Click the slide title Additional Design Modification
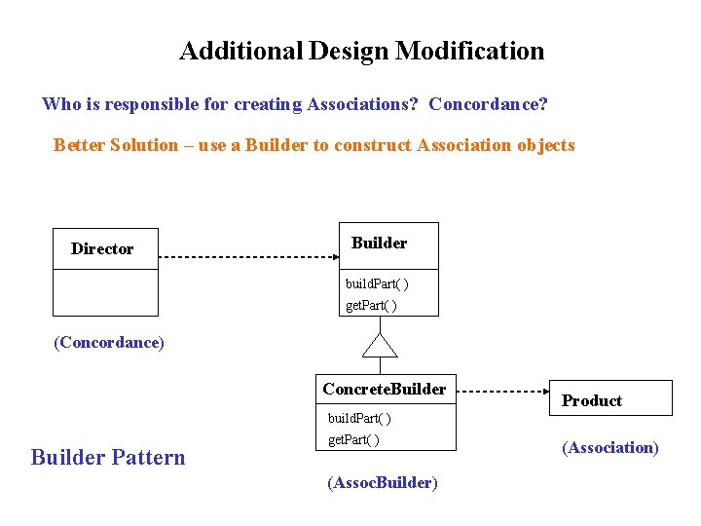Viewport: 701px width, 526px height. pyautogui.click(x=361, y=51)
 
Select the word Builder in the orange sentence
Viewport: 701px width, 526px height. pyautogui.click(x=276, y=145)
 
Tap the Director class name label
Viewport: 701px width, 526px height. pyautogui.click(x=102, y=248)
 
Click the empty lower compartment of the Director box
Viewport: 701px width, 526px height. pyautogui.click(x=105, y=293)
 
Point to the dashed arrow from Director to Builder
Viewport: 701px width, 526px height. pyautogui.click(x=248, y=257)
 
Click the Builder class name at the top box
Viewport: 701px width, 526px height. pyautogui.click(x=379, y=244)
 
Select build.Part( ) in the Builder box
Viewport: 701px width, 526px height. pyautogui.click(x=378, y=284)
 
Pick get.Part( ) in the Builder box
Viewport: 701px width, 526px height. pyautogui.click(x=372, y=306)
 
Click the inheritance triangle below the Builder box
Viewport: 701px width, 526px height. pyautogui.click(x=380, y=345)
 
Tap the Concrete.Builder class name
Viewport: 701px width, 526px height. pyautogui.click(x=385, y=390)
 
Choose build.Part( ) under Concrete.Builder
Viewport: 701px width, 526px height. pyautogui.click(x=359, y=418)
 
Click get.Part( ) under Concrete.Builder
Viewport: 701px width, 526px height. pyautogui.click(x=353, y=439)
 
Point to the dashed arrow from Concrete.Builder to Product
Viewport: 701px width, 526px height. pyautogui.click(x=504, y=391)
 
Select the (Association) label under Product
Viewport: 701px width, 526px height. pyautogui.click(x=609, y=447)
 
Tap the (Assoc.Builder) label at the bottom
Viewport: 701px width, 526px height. pyautogui.click(x=383, y=482)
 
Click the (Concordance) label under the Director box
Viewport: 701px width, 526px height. pyautogui.click(x=108, y=342)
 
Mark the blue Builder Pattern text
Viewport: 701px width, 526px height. pyautogui.click(x=108, y=457)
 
